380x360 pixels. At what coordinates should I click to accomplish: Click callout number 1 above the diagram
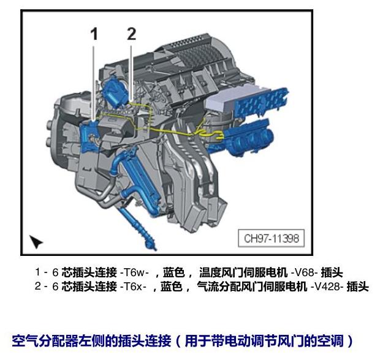click(94, 34)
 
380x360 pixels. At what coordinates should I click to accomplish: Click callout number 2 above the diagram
click(132, 34)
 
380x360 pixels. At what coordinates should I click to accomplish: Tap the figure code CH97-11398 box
click(271, 238)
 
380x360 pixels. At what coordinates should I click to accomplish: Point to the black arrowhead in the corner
click(36, 241)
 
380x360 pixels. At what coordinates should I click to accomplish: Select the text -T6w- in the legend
click(134, 272)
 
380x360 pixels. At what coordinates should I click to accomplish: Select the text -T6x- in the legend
click(133, 287)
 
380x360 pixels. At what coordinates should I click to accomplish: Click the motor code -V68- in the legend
click(304, 272)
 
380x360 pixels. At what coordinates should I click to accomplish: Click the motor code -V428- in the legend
click(327, 287)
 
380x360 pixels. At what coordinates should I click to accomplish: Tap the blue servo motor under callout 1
click(89, 137)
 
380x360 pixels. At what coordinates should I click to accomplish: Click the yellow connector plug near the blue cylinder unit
click(219, 135)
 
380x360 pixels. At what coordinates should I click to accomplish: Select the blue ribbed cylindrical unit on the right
click(249, 138)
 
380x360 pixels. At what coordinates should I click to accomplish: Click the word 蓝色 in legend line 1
click(174, 272)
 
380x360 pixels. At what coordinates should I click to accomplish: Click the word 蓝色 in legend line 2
click(172, 287)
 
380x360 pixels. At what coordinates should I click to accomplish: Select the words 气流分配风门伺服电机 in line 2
click(252, 287)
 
